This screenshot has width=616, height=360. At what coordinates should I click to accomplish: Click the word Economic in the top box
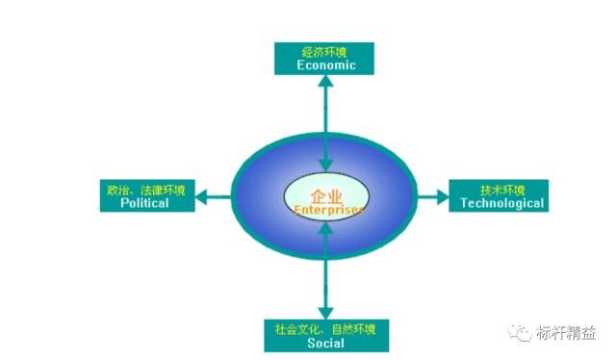click(x=326, y=65)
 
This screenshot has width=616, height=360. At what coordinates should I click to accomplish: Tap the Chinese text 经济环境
click(x=326, y=52)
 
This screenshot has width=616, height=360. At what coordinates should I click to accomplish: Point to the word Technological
click(x=501, y=203)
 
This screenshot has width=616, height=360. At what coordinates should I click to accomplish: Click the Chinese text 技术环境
click(x=501, y=189)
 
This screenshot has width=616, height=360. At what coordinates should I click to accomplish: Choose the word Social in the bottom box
click(x=325, y=344)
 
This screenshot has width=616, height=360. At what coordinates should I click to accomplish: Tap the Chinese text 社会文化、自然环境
click(x=325, y=329)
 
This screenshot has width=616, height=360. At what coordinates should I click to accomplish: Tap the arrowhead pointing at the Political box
click(x=202, y=197)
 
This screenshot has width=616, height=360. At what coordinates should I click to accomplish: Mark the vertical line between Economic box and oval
click(x=327, y=116)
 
